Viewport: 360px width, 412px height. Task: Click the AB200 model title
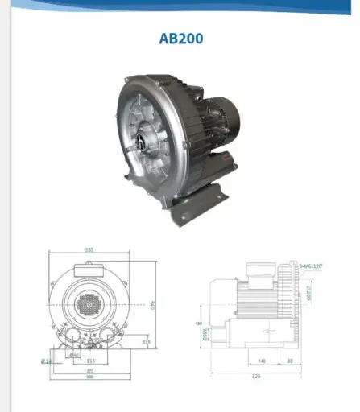pyautogui.click(x=180, y=37)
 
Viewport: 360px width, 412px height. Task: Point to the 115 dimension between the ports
pyautogui.click(x=91, y=361)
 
